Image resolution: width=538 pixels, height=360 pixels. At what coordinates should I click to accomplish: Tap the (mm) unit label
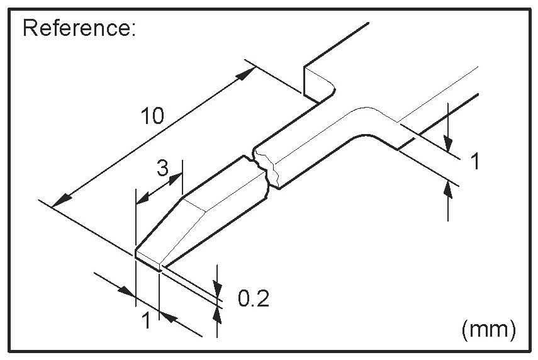[488, 329]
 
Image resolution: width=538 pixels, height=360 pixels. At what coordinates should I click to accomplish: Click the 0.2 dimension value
[254, 298]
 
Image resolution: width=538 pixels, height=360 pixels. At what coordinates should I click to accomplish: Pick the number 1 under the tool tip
[145, 322]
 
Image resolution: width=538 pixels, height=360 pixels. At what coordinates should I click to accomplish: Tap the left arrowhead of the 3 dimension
[142, 199]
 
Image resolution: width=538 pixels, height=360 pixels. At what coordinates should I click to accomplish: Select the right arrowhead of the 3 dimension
[176, 179]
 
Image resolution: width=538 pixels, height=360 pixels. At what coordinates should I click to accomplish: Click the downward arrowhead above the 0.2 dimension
[217, 287]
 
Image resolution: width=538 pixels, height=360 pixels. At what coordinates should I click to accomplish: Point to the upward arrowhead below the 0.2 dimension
[218, 312]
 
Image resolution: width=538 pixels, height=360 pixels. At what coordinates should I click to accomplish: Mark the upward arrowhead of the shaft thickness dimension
[447, 188]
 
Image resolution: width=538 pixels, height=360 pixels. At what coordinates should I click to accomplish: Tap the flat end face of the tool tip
[149, 259]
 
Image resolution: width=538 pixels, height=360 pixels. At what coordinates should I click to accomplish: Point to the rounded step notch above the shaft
[321, 85]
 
